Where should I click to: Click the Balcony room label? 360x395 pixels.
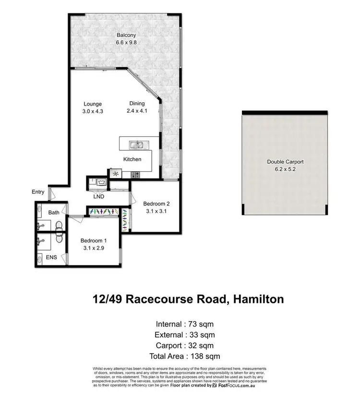click(126, 35)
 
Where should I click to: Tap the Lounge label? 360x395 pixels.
click(92, 104)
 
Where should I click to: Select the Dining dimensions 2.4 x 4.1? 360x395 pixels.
click(137, 111)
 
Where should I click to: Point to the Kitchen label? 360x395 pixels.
click(132, 159)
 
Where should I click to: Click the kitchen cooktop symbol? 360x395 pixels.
click(116, 174)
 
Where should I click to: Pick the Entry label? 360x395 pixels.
click(38, 192)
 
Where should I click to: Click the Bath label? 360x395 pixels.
click(53, 212)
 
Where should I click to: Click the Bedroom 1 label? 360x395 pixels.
click(93, 240)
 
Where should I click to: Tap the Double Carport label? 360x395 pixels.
click(285, 162)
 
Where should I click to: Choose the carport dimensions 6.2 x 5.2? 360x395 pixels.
click(285, 169)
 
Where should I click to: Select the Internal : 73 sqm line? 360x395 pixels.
click(185, 323)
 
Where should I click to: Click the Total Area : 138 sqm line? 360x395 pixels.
click(185, 356)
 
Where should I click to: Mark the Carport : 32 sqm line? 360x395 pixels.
click(185, 345)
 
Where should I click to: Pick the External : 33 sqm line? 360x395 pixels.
click(185, 335)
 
